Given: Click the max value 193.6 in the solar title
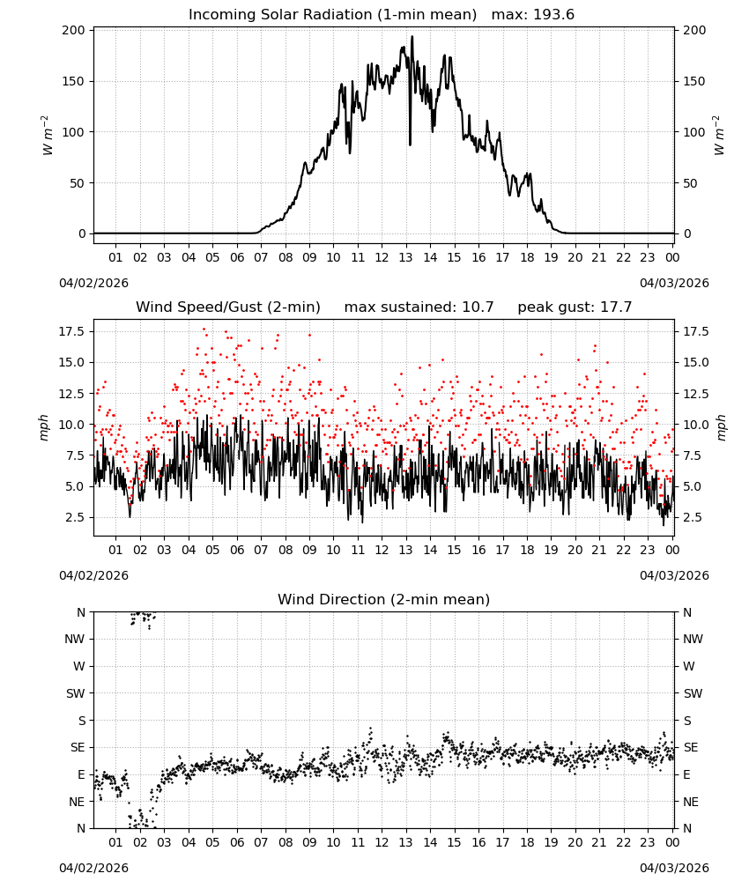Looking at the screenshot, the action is tap(553, 15).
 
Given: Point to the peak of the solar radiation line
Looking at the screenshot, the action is tap(412, 37).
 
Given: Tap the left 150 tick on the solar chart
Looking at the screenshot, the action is tap(73, 81).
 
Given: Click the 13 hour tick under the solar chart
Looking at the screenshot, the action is tap(405, 257).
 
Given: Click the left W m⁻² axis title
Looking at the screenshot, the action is tap(47, 135).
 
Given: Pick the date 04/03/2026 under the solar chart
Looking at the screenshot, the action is tap(674, 283).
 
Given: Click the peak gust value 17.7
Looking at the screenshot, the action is tap(617, 307).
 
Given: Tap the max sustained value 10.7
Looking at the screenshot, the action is tap(478, 307).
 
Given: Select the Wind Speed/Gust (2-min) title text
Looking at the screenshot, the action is tap(228, 307).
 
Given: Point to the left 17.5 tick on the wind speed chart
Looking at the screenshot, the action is tap(71, 331).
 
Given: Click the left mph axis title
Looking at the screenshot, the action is tap(44, 427).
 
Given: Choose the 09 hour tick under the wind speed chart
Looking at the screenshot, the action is tap(309, 550).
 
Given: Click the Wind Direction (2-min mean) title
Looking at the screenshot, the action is tap(384, 599).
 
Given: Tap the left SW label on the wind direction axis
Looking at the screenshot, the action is tap(75, 693).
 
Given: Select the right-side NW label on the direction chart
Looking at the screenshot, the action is tap(693, 639).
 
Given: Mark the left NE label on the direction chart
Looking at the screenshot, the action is tap(77, 802).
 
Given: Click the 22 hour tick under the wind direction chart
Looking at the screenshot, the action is tap(623, 842).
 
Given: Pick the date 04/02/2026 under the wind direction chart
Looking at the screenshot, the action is tap(93, 868).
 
